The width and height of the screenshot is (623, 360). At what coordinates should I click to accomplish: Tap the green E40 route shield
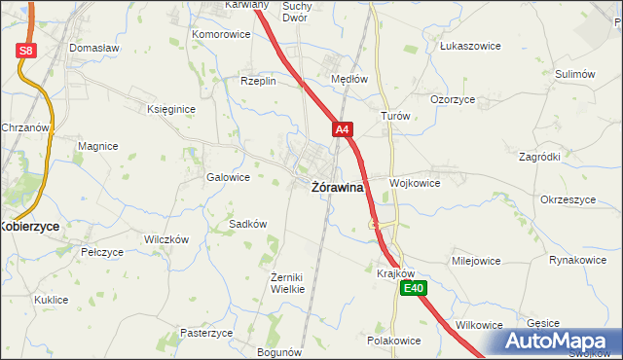415,288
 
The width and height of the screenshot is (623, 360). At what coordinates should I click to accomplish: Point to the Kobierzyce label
29,226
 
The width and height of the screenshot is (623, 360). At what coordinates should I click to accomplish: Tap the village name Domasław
93,48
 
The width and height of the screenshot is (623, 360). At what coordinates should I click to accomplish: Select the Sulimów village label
574,74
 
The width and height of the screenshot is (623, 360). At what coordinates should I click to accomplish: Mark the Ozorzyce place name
452,99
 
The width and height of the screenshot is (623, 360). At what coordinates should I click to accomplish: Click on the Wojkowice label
415,183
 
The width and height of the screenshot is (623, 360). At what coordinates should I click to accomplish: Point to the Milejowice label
475,261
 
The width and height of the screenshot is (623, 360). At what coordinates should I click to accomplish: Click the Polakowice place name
393,341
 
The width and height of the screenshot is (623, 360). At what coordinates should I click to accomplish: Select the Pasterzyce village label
206,333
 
